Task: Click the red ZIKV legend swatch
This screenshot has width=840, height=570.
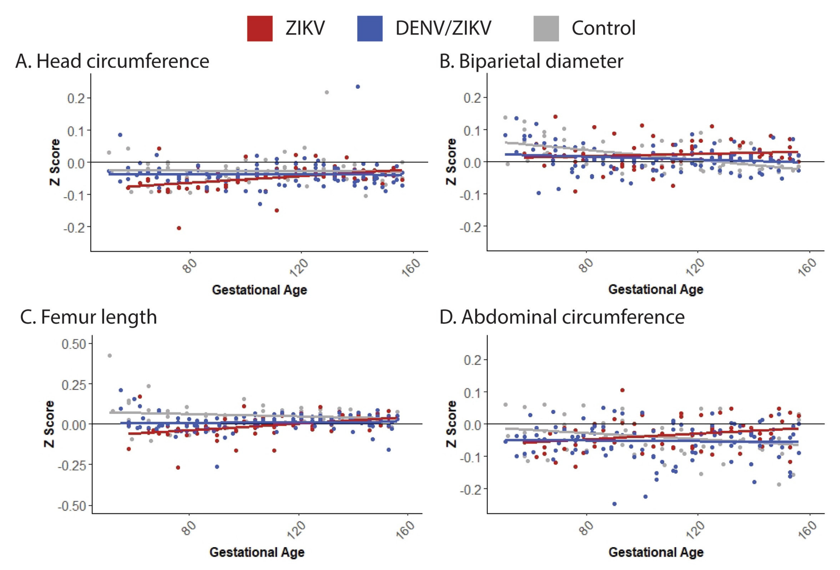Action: point(259,28)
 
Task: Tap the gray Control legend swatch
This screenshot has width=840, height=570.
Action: point(546,28)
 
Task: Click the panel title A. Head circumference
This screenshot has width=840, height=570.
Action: point(112,61)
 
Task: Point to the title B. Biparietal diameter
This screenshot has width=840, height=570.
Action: point(531,61)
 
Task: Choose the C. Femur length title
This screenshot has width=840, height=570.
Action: point(88,317)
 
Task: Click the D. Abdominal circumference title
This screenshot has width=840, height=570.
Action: point(562,317)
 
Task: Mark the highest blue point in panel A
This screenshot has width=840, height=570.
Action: point(357,87)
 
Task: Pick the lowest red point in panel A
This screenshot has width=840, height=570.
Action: point(179,228)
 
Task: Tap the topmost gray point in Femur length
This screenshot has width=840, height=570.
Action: point(110,356)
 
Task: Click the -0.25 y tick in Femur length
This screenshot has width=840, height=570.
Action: point(72,465)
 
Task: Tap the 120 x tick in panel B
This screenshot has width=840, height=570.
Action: point(695,267)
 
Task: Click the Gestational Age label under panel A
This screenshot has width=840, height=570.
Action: point(259,290)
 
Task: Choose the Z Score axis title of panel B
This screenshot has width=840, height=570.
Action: point(451,162)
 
